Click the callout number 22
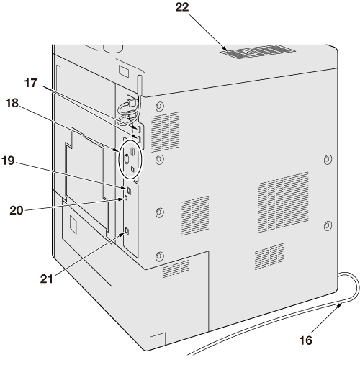tap(182, 7)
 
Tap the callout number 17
tap(31, 84)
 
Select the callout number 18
tap(12, 103)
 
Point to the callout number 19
tap(8, 161)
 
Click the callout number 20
tap(17, 210)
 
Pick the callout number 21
tap(46, 279)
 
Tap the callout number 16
tap(305, 340)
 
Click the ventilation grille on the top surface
tap(258, 52)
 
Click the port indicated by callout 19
tap(129, 191)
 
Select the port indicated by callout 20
tap(126, 198)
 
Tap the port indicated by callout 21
tap(127, 231)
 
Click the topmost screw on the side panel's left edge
tap(159, 107)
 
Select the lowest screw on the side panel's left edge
tap(159, 256)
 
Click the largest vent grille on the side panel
tap(283, 202)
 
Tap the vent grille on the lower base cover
tap(176, 269)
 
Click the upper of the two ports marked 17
tap(139, 130)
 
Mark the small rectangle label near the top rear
tap(124, 71)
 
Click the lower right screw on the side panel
tap(328, 226)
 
